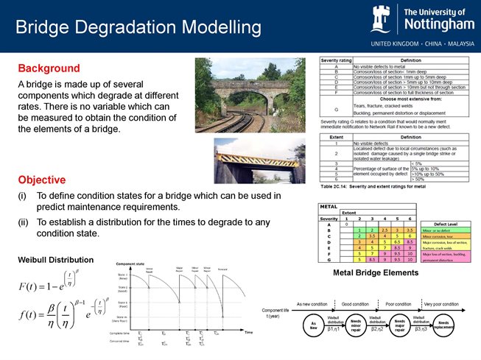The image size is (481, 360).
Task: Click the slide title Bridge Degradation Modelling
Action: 138,28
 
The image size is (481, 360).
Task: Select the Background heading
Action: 49,68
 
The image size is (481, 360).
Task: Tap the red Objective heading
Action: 42,180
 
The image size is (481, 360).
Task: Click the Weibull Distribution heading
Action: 55,260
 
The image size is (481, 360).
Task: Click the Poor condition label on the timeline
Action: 399,303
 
